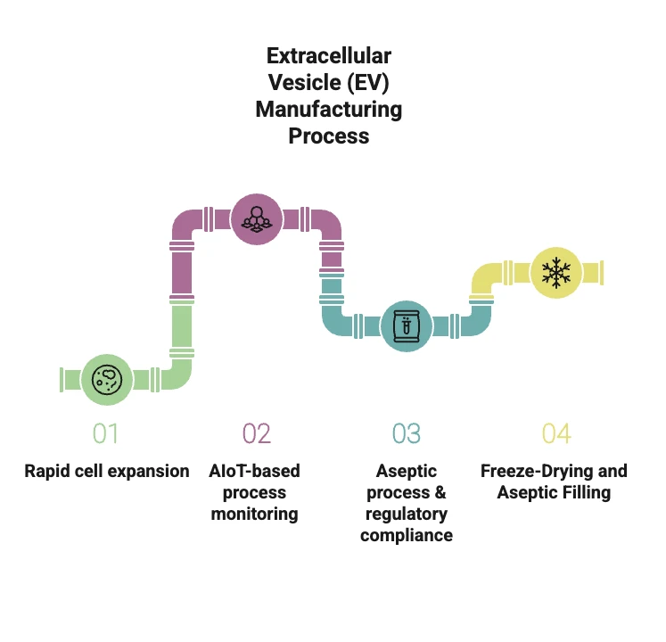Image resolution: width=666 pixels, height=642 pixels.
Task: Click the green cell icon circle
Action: click(x=107, y=379)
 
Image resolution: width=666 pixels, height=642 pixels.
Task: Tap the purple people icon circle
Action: click(x=257, y=218)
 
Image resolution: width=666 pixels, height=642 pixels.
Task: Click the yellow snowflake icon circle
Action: click(x=556, y=272)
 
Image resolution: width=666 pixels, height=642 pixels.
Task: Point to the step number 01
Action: click(x=105, y=433)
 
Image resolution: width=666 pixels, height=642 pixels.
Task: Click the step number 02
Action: click(x=256, y=433)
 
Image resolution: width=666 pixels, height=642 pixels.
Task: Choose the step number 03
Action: click(x=406, y=433)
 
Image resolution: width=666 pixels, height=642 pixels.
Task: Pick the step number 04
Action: click(x=555, y=433)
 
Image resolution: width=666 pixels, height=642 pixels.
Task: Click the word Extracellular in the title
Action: click(x=329, y=56)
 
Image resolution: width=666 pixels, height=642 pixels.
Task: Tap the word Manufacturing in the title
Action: click(x=329, y=110)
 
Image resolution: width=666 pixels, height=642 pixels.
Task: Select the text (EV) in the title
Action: click(x=367, y=83)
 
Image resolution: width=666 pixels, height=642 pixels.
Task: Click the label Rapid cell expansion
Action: click(x=107, y=471)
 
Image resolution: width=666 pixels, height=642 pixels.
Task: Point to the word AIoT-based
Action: click(x=256, y=471)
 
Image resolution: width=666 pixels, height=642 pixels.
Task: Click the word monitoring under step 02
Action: click(x=255, y=514)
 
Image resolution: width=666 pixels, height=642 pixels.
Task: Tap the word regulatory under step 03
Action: click(x=407, y=514)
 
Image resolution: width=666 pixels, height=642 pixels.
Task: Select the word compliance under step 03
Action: click(x=407, y=535)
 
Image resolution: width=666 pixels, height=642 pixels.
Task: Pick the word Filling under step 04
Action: click(x=585, y=492)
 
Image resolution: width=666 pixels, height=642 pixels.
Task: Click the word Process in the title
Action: click(x=328, y=136)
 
